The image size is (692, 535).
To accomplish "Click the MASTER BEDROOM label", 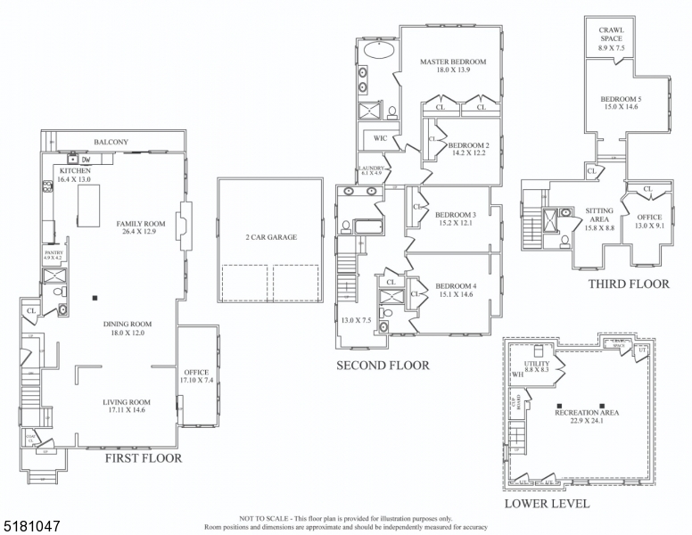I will (453, 62).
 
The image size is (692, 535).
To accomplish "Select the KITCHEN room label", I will (75, 169).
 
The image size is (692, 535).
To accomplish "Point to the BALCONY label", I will (111, 142).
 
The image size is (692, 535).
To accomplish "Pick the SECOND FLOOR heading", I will (382, 366).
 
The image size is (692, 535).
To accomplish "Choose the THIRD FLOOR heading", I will (628, 284).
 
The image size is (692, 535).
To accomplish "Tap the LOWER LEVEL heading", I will (547, 504).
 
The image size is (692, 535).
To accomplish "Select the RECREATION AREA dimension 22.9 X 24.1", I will (586, 423).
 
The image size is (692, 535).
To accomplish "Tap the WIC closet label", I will (380, 138).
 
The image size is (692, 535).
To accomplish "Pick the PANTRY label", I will (54, 253).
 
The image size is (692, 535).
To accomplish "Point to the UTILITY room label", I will (536, 365).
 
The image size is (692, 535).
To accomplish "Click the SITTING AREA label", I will (598, 215).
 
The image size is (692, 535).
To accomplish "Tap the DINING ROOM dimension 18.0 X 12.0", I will (127, 333).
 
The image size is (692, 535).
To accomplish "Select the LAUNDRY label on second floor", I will (371, 168).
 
